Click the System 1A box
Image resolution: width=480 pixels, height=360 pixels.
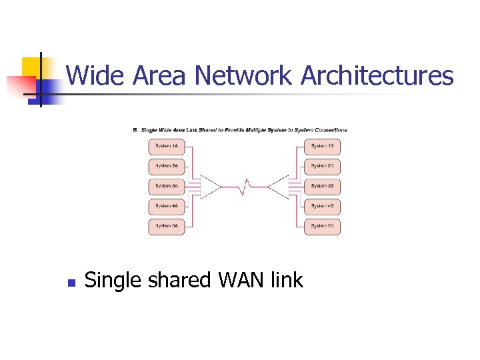[x=167, y=146]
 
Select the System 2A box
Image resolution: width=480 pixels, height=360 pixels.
[x=167, y=166]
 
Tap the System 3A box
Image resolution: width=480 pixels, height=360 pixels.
[x=167, y=186]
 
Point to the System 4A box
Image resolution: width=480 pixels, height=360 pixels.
[x=167, y=206]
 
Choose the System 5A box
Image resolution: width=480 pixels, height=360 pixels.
[x=167, y=226]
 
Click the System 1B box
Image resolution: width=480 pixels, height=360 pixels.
[x=323, y=146]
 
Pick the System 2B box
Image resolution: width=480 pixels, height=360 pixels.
[x=323, y=166]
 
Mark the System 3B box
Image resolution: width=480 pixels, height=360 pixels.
[x=323, y=186]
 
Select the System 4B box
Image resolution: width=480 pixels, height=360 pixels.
[x=323, y=206]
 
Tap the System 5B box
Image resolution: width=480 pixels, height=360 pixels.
[x=323, y=226]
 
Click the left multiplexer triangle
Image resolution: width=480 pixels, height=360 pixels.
[x=210, y=187]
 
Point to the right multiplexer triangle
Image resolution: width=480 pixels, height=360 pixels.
[x=279, y=187]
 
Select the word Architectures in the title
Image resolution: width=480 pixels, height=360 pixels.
[x=377, y=76]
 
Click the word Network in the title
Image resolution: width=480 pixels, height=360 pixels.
[x=243, y=76]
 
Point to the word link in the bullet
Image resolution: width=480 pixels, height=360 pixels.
[x=287, y=280]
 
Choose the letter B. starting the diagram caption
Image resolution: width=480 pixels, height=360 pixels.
[x=136, y=130]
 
